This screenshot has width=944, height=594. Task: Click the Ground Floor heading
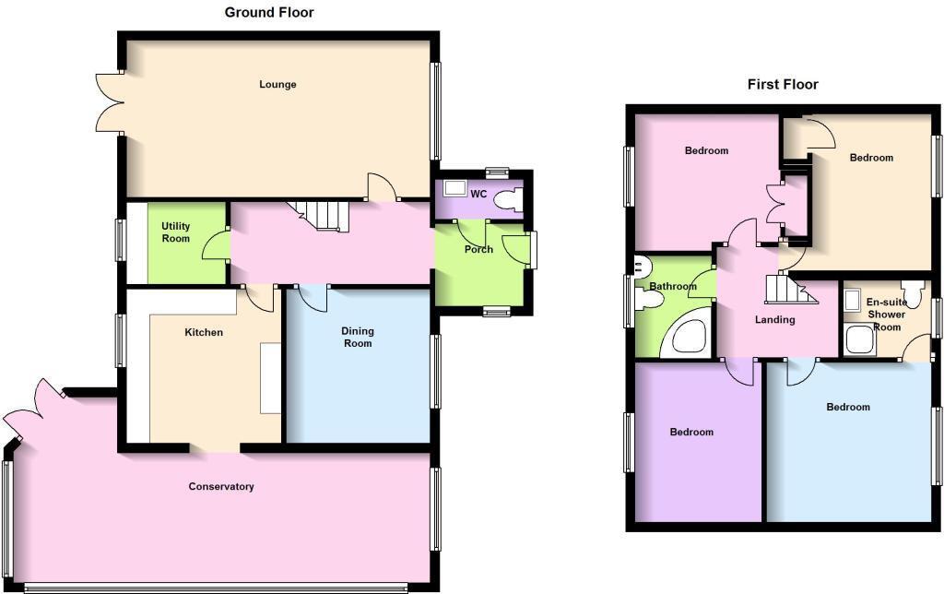tap(269, 13)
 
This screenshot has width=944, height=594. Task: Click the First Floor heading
tap(783, 85)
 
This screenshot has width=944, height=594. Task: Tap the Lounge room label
tap(277, 85)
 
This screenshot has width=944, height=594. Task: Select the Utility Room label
tap(176, 232)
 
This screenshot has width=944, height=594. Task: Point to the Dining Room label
tap(358, 338)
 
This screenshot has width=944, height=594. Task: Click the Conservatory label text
tap(221, 487)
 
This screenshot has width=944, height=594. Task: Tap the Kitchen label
tap(204, 333)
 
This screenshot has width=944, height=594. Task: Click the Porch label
tap(478, 249)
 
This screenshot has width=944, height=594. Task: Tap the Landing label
tap(774, 320)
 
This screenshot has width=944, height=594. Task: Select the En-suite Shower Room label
tap(887, 315)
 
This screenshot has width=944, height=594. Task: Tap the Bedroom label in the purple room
tap(691, 433)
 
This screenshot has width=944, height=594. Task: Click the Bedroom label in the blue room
tap(847, 408)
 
